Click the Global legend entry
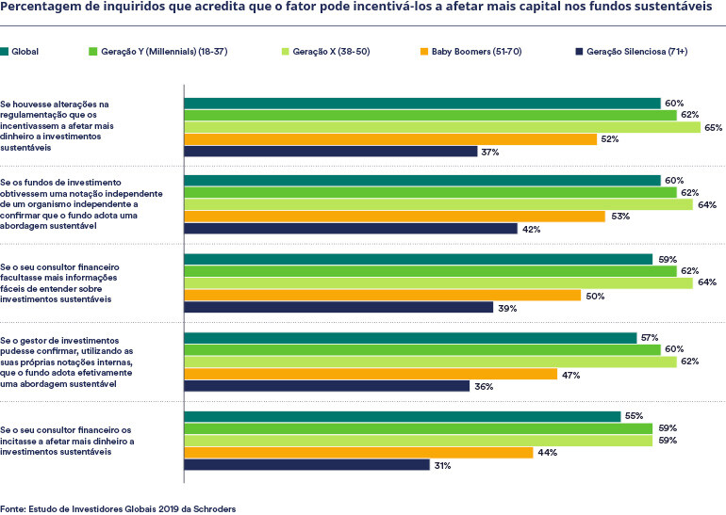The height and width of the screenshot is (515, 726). tap(27, 50)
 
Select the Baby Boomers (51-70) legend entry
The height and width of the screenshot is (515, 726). tap(470, 50)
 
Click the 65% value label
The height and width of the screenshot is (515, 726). tap(713, 127)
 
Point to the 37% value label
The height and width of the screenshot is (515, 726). tap(489, 152)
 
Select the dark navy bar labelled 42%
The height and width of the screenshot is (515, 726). tap(350, 228)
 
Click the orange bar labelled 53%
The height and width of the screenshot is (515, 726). tap(394, 216)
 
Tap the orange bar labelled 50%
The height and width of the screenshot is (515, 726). tap(382, 295)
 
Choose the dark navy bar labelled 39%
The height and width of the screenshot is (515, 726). tap(338, 307)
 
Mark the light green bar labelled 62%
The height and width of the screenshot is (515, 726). tap(430, 362)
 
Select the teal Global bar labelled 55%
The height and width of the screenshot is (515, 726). tap(402, 415)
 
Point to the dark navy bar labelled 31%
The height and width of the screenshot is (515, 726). tap(306, 464)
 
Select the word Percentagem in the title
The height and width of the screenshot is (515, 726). tap(42, 9)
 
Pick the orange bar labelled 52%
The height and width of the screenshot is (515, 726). tap(390, 139)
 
